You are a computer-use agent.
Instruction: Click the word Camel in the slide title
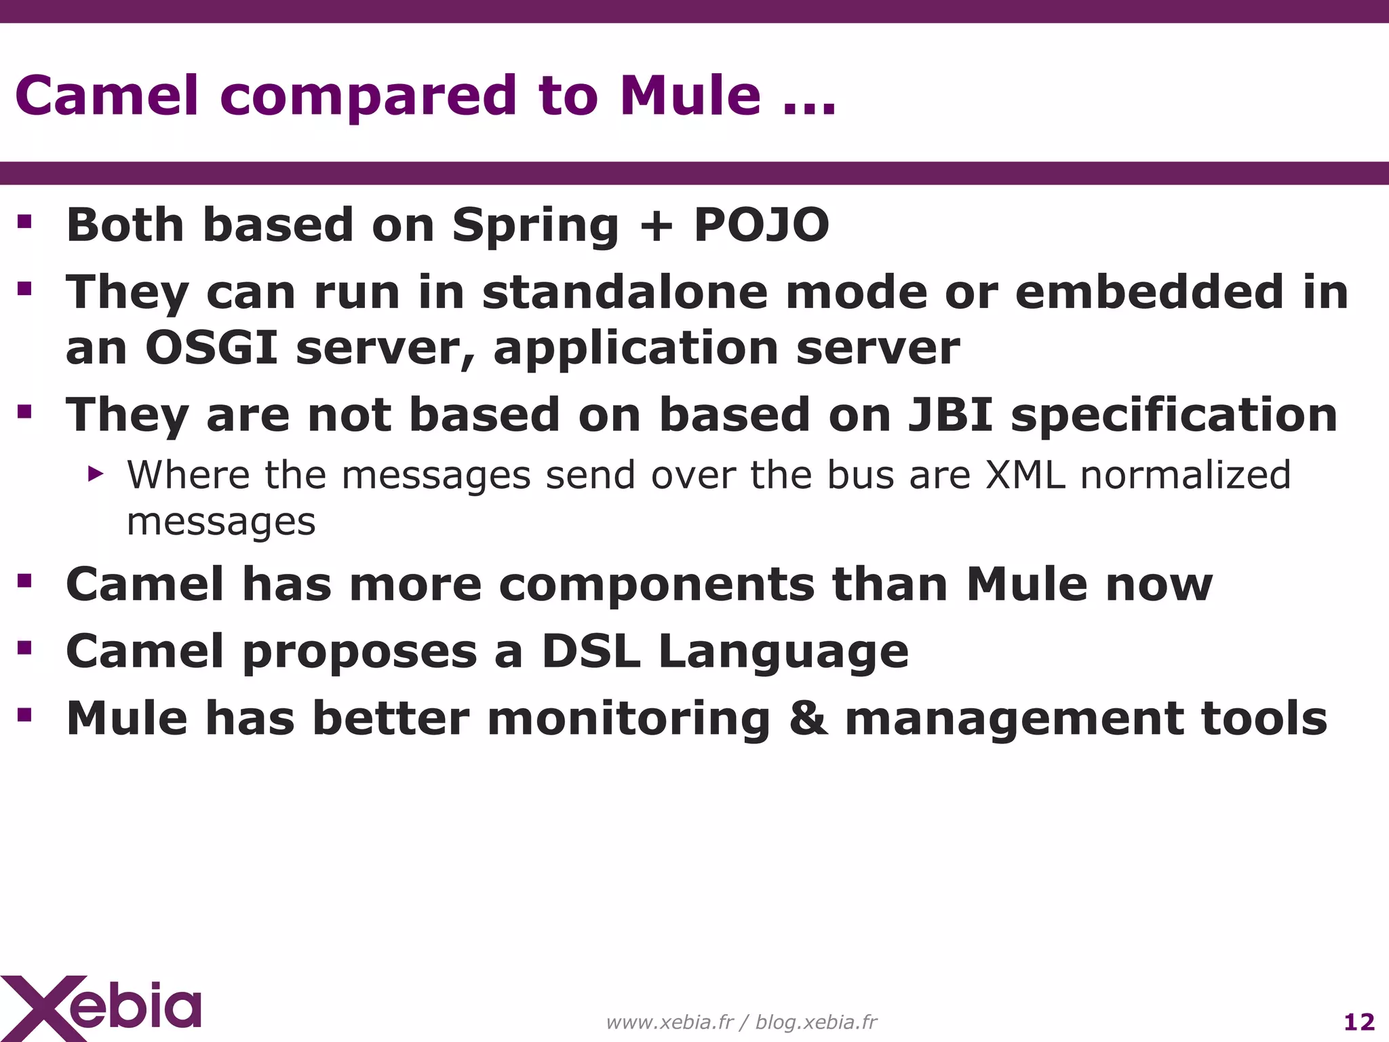[106, 96]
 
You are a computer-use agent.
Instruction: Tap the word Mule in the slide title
[690, 96]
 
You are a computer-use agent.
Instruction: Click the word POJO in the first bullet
[761, 225]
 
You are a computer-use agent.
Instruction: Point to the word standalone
[625, 292]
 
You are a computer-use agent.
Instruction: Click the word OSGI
[212, 348]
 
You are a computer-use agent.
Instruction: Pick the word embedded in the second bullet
[1148, 292]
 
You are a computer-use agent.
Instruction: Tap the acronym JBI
[950, 415]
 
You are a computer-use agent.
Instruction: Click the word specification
[1174, 415]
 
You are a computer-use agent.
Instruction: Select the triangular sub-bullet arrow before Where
[96, 474]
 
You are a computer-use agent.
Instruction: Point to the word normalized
[1185, 475]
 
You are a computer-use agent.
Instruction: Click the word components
[656, 585]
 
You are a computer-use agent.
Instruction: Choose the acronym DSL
[591, 651]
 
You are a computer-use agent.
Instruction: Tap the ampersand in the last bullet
[808, 719]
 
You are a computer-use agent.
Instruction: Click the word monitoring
[628, 719]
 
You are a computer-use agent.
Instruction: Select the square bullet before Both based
[24, 222]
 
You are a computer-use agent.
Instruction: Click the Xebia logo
[102, 1007]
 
